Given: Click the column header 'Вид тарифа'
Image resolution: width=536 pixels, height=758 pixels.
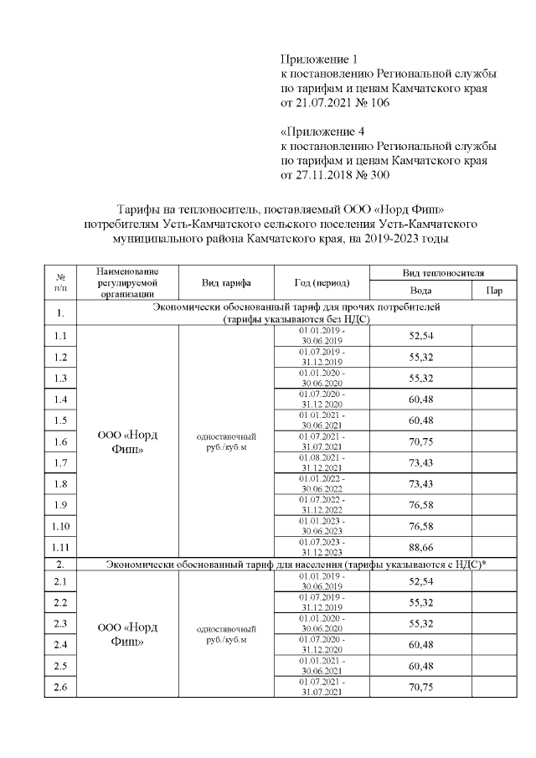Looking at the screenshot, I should coord(226,282).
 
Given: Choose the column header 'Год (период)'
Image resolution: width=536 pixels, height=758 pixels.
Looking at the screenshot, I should coord(322,282).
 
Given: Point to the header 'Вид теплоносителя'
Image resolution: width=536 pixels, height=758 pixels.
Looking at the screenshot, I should coord(443,273).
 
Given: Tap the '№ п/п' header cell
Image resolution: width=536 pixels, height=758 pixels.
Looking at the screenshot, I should coord(60,282).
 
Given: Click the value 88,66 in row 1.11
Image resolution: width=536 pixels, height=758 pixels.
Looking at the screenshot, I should coord(420,548).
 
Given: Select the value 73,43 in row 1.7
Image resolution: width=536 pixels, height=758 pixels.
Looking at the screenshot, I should coord(420,462).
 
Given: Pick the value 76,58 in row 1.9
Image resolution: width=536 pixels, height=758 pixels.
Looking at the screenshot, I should coord(420,505).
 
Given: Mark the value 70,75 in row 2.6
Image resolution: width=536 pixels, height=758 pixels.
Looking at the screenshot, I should coord(420,688).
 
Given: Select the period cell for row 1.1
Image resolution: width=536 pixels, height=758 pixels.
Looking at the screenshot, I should coord(322,335).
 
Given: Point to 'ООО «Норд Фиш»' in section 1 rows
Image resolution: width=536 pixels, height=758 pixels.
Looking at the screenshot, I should coord(127,441).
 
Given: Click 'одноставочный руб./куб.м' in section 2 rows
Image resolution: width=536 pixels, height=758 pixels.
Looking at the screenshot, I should coord(226,634).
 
